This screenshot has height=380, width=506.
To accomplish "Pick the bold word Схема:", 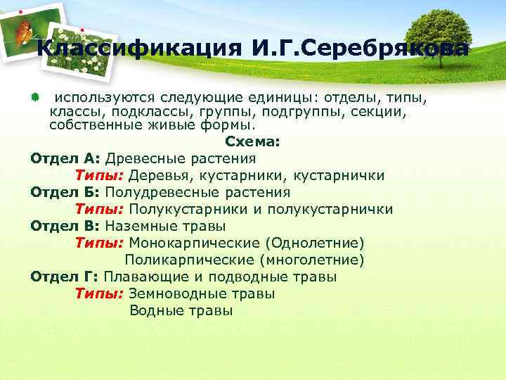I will pyautogui.click(x=252, y=141).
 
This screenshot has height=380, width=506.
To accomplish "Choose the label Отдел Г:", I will pyautogui.click(x=66, y=277).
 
